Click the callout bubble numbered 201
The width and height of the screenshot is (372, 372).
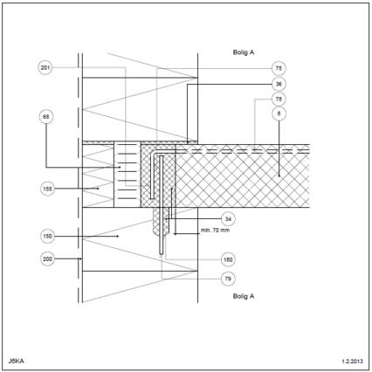point(45,68)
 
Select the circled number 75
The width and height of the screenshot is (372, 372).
point(279,68)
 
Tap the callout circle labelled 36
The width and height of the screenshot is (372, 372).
point(279,84)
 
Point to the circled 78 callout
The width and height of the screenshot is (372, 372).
point(279,99)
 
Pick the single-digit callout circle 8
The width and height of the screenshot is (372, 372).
point(279,114)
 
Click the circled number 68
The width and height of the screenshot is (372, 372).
point(46,117)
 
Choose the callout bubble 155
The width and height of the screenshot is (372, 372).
point(47,189)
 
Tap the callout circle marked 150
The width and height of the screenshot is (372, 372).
point(47,236)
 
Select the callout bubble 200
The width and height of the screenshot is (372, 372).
point(47,258)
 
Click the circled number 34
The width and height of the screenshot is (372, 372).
point(228,218)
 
